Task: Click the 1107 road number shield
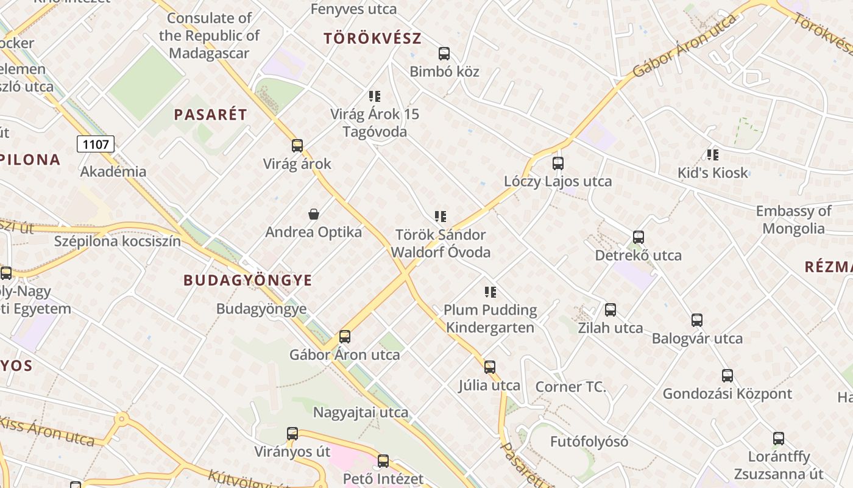tap(96, 145)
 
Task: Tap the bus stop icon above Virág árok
tap(297, 146)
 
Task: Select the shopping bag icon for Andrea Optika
tap(313, 214)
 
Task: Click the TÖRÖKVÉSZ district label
tap(372, 38)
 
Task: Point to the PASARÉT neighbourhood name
tap(210, 115)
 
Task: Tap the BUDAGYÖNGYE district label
tap(247, 281)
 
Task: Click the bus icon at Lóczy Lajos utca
tap(557, 163)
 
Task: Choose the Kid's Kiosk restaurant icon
tap(712, 155)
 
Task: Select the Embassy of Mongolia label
tap(793, 220)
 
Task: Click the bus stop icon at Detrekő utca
tap(638, 237)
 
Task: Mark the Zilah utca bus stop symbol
tap(610, 310)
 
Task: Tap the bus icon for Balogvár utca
tap(697, 320)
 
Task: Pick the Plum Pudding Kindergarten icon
tap(490, 292)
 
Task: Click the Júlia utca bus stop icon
tap(489, 367)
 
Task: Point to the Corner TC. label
tap(570, 387)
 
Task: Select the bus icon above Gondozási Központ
tap(727, 376)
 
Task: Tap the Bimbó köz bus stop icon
tap(444, 54)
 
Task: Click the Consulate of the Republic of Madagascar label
tap(209, 36)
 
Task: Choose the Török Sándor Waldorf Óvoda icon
tap(440, 217)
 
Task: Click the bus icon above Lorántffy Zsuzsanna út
tap(778, 439)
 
